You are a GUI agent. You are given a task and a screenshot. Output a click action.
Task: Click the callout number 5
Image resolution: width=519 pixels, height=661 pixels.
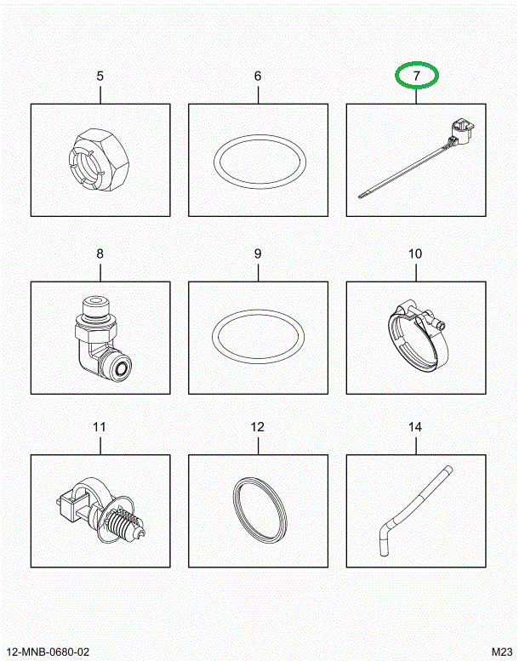pos(100,77)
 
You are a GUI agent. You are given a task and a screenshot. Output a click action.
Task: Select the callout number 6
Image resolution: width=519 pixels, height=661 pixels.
pos(258,77)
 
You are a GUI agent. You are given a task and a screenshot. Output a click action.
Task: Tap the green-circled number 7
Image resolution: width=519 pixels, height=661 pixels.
pos(417,76)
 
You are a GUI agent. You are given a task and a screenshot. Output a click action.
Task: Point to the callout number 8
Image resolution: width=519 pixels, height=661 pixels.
pos(100,254)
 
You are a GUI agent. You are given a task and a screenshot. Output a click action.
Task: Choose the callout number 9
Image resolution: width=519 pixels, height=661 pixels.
pos(258,254)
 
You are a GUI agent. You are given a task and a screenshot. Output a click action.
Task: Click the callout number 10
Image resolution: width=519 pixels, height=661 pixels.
pos(415,254)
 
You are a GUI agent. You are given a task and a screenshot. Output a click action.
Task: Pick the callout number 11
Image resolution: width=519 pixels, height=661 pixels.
pos(100,427)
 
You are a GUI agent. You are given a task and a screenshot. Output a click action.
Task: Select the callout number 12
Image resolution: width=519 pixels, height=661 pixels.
pos(258,427)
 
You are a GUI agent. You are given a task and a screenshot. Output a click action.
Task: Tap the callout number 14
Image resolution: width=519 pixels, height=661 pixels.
pos(415,427)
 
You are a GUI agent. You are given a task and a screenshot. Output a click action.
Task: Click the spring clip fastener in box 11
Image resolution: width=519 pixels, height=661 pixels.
pos(102,510)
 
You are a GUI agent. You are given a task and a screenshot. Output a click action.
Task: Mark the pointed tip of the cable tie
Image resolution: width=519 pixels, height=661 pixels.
pos(359,196)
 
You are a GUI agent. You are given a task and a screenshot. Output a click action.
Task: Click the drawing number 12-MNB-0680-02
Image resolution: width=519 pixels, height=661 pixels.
pos(48,652)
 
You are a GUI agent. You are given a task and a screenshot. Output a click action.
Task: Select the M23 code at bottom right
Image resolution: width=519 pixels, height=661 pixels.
pos(502,652)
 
